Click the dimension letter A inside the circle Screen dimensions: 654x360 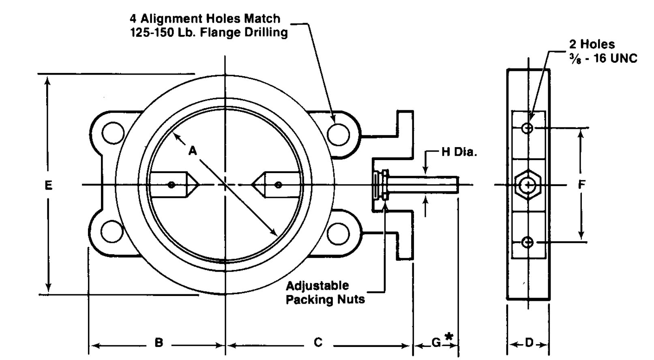coord(193,151)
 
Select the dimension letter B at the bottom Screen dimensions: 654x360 coord(159,343)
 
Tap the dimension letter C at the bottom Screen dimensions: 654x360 coord(318,342)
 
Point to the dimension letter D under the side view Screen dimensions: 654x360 coord(529,343)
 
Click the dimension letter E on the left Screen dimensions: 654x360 coord(49,185)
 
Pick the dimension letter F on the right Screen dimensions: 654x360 coord(581,184)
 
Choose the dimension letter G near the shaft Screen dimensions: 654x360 coord(436,343)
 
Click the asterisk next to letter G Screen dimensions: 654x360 coord(449,336)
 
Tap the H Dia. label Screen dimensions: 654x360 coord(459,152)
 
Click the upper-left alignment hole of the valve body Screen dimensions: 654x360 coord(113,133)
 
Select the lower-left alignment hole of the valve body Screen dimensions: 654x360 coord(112,231)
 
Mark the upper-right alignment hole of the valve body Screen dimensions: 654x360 coord(339,135)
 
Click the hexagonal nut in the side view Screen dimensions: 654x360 coord(528,185)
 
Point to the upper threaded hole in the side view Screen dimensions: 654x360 coord(527,128)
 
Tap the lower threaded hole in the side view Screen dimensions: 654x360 coord(527,242)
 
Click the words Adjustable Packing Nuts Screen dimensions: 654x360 coord(325,293)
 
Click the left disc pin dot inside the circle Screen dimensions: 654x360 coord(172,185)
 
